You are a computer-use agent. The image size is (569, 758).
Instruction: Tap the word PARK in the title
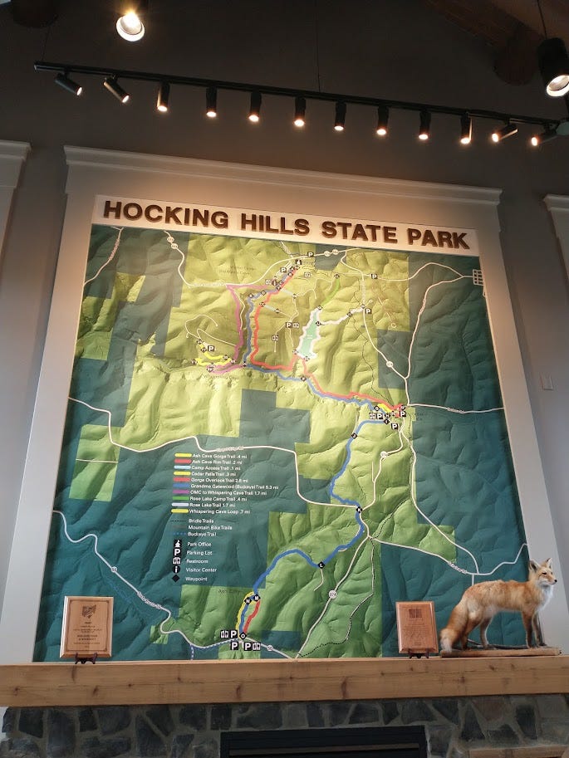click(x=440, y=237)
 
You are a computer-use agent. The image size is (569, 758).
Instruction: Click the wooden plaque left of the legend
click(x=86, y=627)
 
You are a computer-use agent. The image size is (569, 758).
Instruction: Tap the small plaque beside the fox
click(x=416, y=627)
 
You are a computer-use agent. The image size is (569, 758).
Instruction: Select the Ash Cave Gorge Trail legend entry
click(x=208, y=456)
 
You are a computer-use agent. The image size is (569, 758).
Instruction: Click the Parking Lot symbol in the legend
click(x=177, y=551)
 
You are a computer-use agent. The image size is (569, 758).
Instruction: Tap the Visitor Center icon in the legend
click(x=177, y=570)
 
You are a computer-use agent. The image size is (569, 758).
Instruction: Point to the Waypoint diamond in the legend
click(x=177, y=579)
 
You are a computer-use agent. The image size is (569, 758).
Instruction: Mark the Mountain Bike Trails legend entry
click(x=208, y=526)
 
